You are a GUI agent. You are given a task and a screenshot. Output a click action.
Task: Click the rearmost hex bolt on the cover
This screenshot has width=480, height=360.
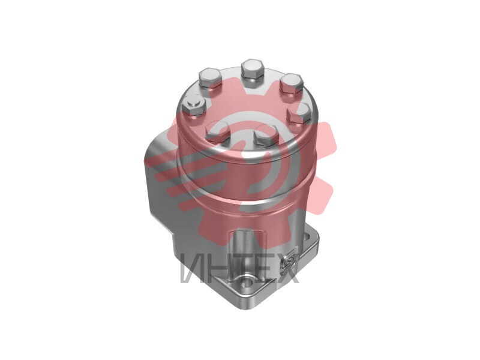tap(253, 70)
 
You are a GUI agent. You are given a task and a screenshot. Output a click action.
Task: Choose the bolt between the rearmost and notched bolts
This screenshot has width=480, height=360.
tap(211, 78)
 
